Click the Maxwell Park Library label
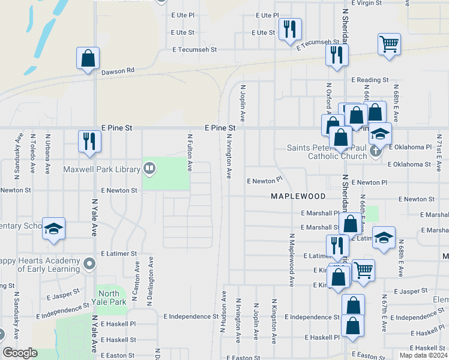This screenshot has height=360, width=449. pyautogui.click(x=102, y=170)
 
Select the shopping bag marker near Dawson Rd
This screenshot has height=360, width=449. pyautogui.click(x=88, y=59)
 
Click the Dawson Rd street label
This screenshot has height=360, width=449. pyautogui.click(x=117, y=71)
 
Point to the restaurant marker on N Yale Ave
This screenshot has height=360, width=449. pyautogui.click(x=89, y=142)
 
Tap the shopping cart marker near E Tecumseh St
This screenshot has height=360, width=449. pyautogui.click(x=389, y=44)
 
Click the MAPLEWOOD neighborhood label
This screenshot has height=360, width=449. pyautogui.click(x=298, y=196)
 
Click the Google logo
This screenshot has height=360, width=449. pyautogui.click(x=20, y=353)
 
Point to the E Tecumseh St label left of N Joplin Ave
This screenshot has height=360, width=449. pyautogui.click(x=194, y=50)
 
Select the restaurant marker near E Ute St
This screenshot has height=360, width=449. pyautogui.click(x=290, y=29)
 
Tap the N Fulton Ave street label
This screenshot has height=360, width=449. pyautogui.click(x=189, y=153)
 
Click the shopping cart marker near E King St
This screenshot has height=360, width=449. pyautogui.click(x=363, y=271)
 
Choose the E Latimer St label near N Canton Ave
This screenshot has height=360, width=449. pyautogui.click(x=119, y=254)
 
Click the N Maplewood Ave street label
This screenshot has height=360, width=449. pyautogui.click(x=291, y=260)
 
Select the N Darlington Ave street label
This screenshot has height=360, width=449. pyautogui.click(x=151, y=274)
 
